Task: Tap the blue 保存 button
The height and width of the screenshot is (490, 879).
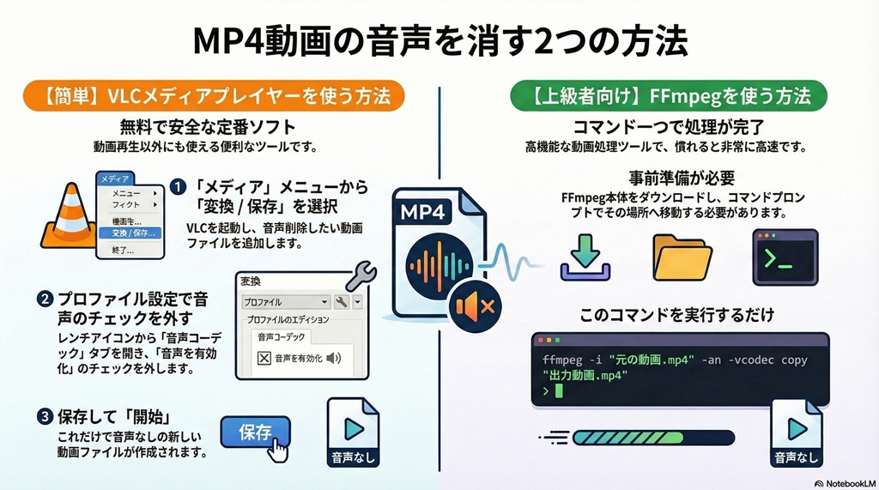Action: point(255,432)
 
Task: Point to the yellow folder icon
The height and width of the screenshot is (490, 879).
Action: point(682,256)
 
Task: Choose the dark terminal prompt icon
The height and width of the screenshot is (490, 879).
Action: point(783,256)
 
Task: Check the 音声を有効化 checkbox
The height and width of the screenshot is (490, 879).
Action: point(264,358)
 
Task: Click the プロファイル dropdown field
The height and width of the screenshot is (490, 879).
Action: point(283,302)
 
